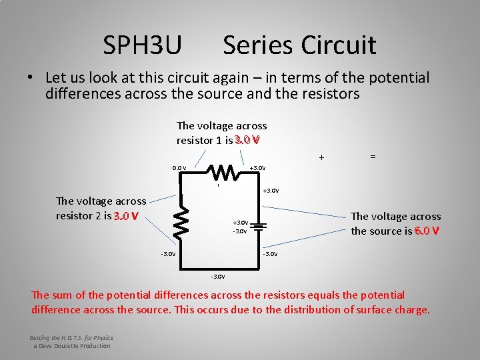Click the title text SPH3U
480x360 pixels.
tap(142, 45)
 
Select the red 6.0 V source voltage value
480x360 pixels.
tap(426, 231)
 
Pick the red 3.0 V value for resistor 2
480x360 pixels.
tap(126, 216)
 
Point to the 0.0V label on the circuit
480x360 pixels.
tap(179, 168)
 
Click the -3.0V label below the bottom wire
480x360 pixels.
tap(217, 276)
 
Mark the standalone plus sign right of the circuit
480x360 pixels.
tap(321, 158)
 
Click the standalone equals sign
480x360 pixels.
tap(373, 156)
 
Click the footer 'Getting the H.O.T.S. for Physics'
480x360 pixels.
tap(71, 337)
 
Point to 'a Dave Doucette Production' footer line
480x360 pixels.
tap(72, 345)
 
